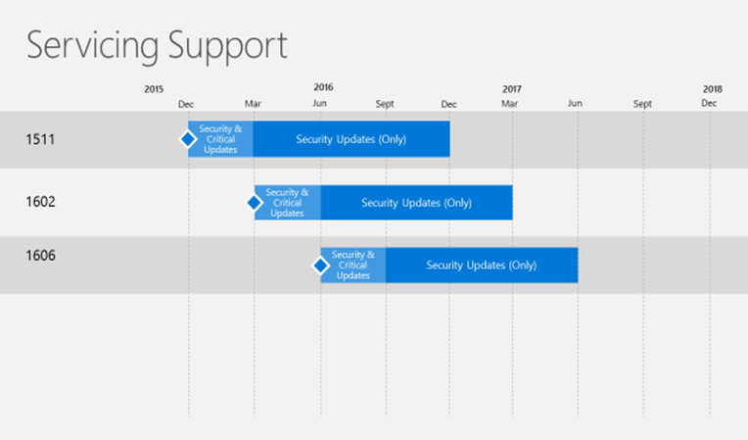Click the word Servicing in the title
coord(92,46)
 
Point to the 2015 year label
coord(154,89)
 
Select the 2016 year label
coord(323,87)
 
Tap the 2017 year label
coord(512,89)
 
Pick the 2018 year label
coord(712,89)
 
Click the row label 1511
coord(40,139)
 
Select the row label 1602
coord(40,202)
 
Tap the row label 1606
coord(40,256)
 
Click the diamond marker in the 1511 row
coord(188,139)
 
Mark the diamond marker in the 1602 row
coord(255,203)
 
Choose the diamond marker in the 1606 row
coord(320,266)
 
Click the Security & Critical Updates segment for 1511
coord(220,139)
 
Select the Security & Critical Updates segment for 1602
coord(287,203)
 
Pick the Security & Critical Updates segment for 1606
coord(353,266)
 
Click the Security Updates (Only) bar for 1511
coord(351,139)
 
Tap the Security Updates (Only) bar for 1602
coord(416,203)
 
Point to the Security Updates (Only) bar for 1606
coord(482,266)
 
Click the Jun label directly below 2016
coord(319,103)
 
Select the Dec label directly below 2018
coord(709,103)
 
